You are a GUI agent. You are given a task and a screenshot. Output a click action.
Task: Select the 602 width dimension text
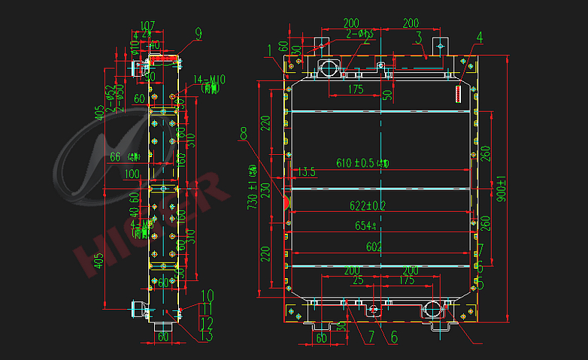pos(374,247)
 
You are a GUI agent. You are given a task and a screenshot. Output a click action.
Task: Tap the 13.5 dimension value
pos(306,172)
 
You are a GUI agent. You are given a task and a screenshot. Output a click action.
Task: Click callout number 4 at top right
pos(479,38)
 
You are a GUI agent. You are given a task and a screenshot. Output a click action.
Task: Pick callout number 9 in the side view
pos(198,33)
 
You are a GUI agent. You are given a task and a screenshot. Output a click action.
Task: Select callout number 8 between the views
pos(242,134)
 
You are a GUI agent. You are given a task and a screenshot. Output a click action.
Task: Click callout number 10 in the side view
pos(208,295)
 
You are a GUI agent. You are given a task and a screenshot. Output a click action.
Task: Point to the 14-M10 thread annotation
pos(206,79)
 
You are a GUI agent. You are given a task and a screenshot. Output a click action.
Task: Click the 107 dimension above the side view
pos(147,24)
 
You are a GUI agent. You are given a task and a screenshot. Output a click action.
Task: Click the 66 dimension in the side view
pos(115,157)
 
